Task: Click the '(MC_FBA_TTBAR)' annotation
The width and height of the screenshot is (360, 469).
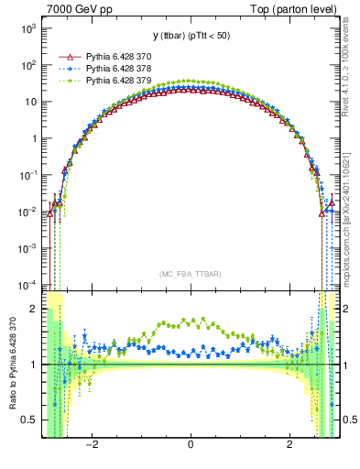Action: [x=190, y=274]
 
